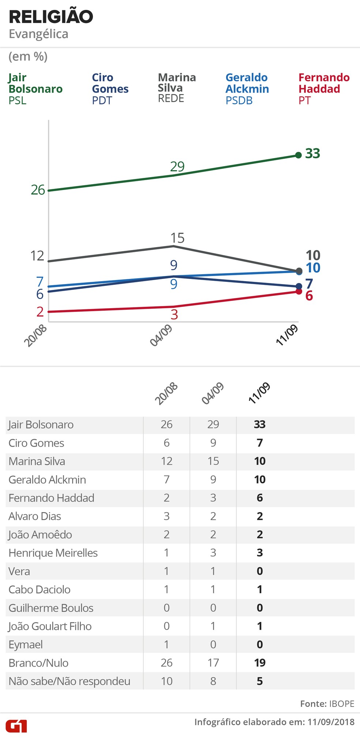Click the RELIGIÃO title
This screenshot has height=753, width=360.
click(x=51, y=17)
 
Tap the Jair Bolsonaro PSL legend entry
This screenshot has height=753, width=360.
click(x=35, y=89)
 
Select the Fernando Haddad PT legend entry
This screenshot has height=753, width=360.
click(x=324, y=89)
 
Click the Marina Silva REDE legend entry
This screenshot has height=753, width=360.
click(x=177, y=88)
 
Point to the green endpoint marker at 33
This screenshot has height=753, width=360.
click(x=299, y=155)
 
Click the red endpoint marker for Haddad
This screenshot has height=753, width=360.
click(x=299, y=291)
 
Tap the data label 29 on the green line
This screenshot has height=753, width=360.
click(x=177, y=167)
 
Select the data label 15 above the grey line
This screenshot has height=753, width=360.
click(x=177, y=238)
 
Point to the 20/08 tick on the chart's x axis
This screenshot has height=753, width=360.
click(x=35, y=336)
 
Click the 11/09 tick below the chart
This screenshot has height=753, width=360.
click(x=287, y=336)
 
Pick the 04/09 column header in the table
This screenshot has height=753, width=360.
click(x=213, y=394)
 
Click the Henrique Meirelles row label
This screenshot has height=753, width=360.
click(x=53, y=553)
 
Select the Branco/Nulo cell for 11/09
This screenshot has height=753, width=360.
click(x=260, y=663)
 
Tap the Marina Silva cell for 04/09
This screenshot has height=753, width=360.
click(x=213, y=461)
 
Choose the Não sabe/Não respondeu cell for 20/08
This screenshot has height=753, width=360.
click(x=166, y=681)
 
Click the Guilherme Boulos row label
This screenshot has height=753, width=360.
click(x=51, y=608)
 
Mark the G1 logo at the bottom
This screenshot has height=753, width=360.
click(x=16, y=726)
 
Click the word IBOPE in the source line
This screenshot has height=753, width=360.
click(x=342, y=704)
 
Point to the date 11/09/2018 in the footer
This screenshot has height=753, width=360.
click(x=331, y=722)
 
